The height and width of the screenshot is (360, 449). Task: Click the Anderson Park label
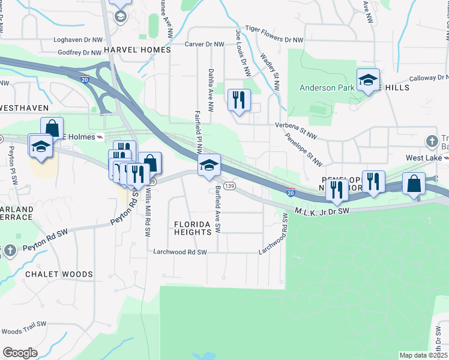pyautogui.click(x=327, y=88)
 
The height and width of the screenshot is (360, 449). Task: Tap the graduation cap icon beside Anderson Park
pyautogui.click(x=368, y=80)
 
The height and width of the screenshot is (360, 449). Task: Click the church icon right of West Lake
pyautogui.click(x=431, y=142)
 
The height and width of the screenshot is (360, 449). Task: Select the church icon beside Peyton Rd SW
pyautogui.click(x=10, y=250)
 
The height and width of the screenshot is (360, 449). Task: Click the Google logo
pyautogui.click(x=20, y=353)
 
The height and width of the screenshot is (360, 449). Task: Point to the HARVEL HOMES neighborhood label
pyautogui.click(x=137, y=50)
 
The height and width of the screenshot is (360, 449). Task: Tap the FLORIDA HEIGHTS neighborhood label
pyautogui.click(x=193, y=228)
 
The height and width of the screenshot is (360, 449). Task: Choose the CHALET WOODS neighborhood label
pyautogui.click(x=59, y=274)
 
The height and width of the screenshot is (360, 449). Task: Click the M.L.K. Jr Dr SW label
pyautogui.click(x=322, y=211)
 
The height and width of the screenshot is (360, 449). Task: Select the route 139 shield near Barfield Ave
pyautogui.click(x=229, y=187)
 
